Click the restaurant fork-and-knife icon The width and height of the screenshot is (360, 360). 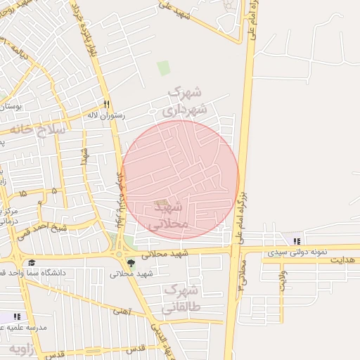point(106,103)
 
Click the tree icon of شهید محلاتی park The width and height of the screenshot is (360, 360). point(131,264)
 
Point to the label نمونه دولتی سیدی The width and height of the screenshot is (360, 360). point(296,252)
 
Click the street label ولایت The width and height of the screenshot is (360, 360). point(283,281)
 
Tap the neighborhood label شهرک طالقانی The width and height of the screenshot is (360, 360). point(181,299)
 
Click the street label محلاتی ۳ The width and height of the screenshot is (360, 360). point(241,274)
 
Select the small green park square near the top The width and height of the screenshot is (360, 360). point(164,68)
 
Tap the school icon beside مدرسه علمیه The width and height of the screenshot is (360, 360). point(17,317)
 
